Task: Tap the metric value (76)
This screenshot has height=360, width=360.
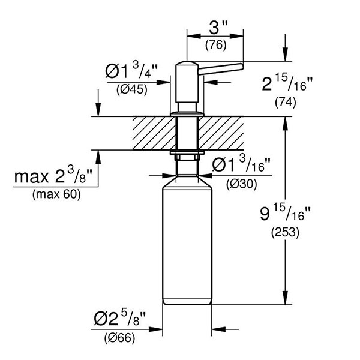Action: pyautogui.click(x=215, y=44)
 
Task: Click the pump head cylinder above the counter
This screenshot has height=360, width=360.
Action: pyautogui.click(x=187, y=84)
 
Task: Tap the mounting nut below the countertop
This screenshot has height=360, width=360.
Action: pyautogui.click(x=187, y=158)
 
